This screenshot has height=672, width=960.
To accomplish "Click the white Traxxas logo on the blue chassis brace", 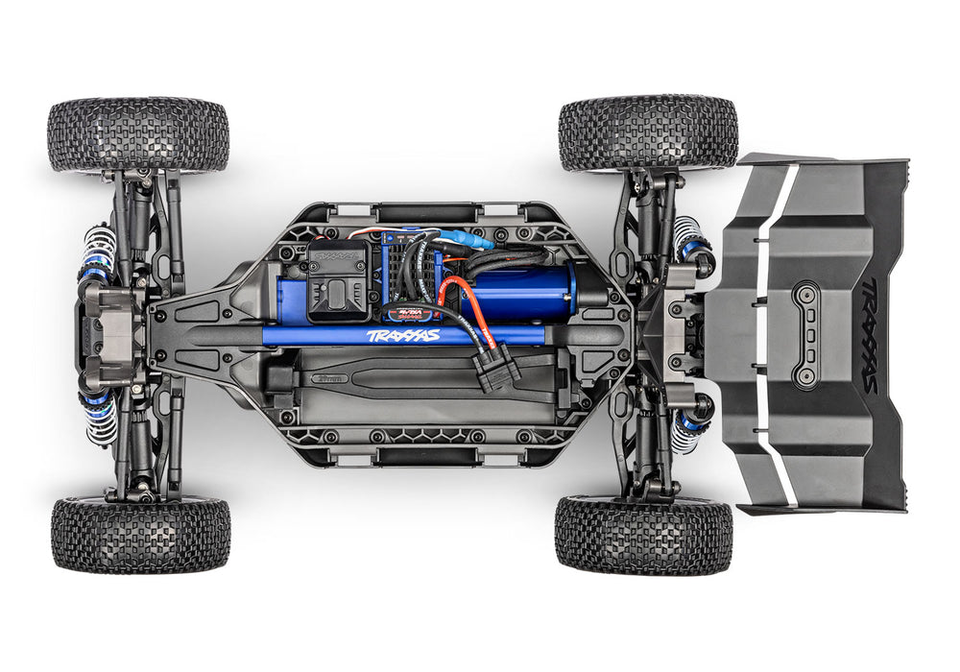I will [x=403, y=336].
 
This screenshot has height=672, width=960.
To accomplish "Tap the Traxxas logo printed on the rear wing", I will [x=868, y=336].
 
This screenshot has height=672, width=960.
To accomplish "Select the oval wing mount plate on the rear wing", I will [x=804, y=335].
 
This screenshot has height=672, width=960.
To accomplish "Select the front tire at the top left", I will [x=138, y=134].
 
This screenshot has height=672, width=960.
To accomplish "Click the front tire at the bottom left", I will [x=140, y=535].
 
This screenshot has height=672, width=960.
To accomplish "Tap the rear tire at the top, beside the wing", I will [x=648, y=132].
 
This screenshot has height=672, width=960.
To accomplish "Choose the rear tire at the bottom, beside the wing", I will [x=643, y=535].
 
